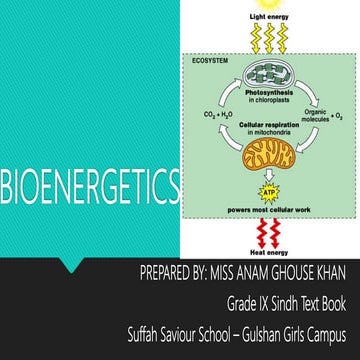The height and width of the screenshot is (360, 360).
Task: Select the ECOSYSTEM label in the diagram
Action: (x=206, y=63)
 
